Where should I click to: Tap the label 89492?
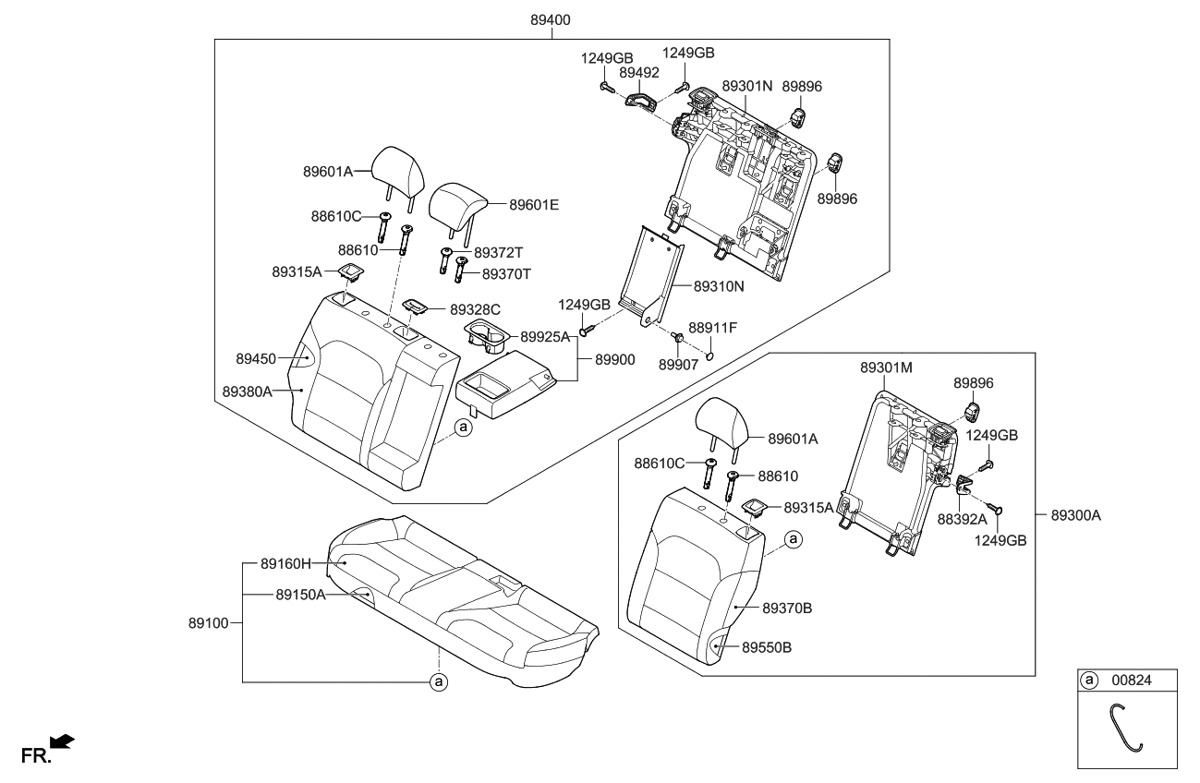pos(639,72)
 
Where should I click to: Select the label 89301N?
pos(746,86)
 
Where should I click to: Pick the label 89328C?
pos(476,308)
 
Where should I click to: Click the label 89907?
pos(677,365)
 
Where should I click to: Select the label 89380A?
pos(248,391)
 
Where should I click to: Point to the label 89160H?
pos(285,562)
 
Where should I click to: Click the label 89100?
pos(209,623)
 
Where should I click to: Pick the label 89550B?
pos(768,647)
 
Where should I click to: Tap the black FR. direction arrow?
pos(62,741)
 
